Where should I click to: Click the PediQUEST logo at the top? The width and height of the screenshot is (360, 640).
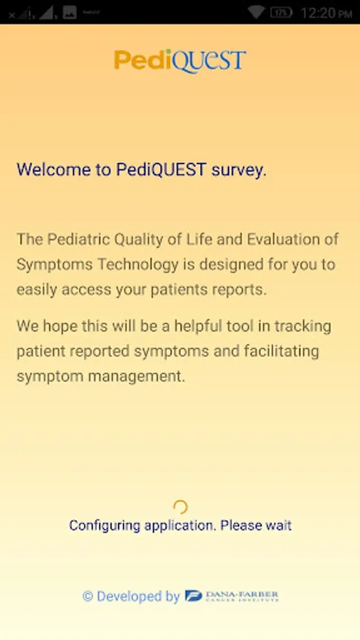click(x=180, y=61)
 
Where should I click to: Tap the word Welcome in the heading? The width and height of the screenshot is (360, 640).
click(x=54, y=169)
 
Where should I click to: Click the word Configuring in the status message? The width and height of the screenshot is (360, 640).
click(x=105, y=526)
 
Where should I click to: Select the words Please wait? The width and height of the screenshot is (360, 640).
click(x=256, y=526)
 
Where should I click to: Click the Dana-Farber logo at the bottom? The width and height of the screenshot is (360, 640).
click(x=231, y=597)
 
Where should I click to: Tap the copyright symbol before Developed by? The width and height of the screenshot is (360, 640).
click(x=88, y=597)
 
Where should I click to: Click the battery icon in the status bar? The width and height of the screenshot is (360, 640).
click(x=281, y=12)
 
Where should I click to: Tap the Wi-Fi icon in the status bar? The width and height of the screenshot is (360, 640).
click(x=256, y=12)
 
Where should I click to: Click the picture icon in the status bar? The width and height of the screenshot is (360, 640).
click(x=70, y=12)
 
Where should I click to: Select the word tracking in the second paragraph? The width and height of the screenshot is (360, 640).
click(x=302, y=326)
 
